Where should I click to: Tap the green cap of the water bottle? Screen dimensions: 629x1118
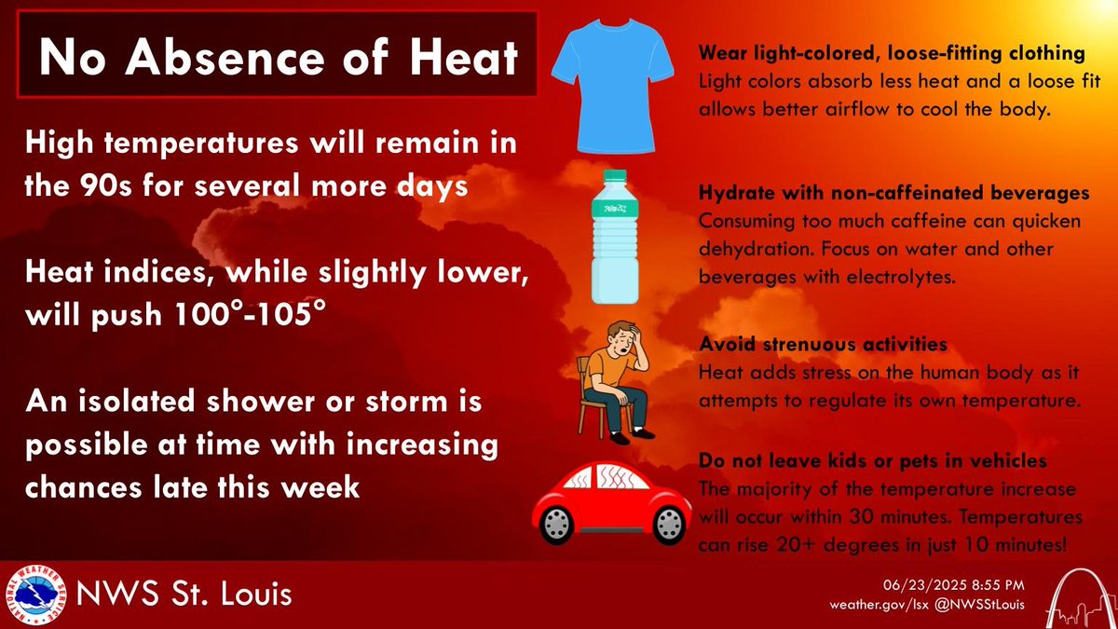(x=614, y=176)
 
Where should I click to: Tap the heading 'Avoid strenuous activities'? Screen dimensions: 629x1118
(x=823, y=345)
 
